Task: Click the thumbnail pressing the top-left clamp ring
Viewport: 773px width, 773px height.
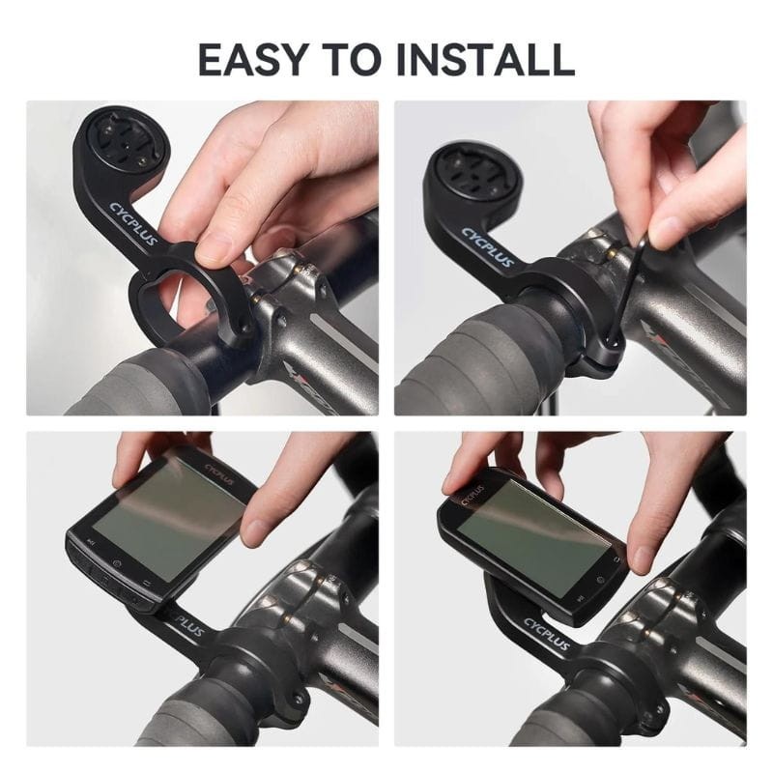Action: coord(214,252)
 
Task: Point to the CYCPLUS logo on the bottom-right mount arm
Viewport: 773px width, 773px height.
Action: coord(547,639)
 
